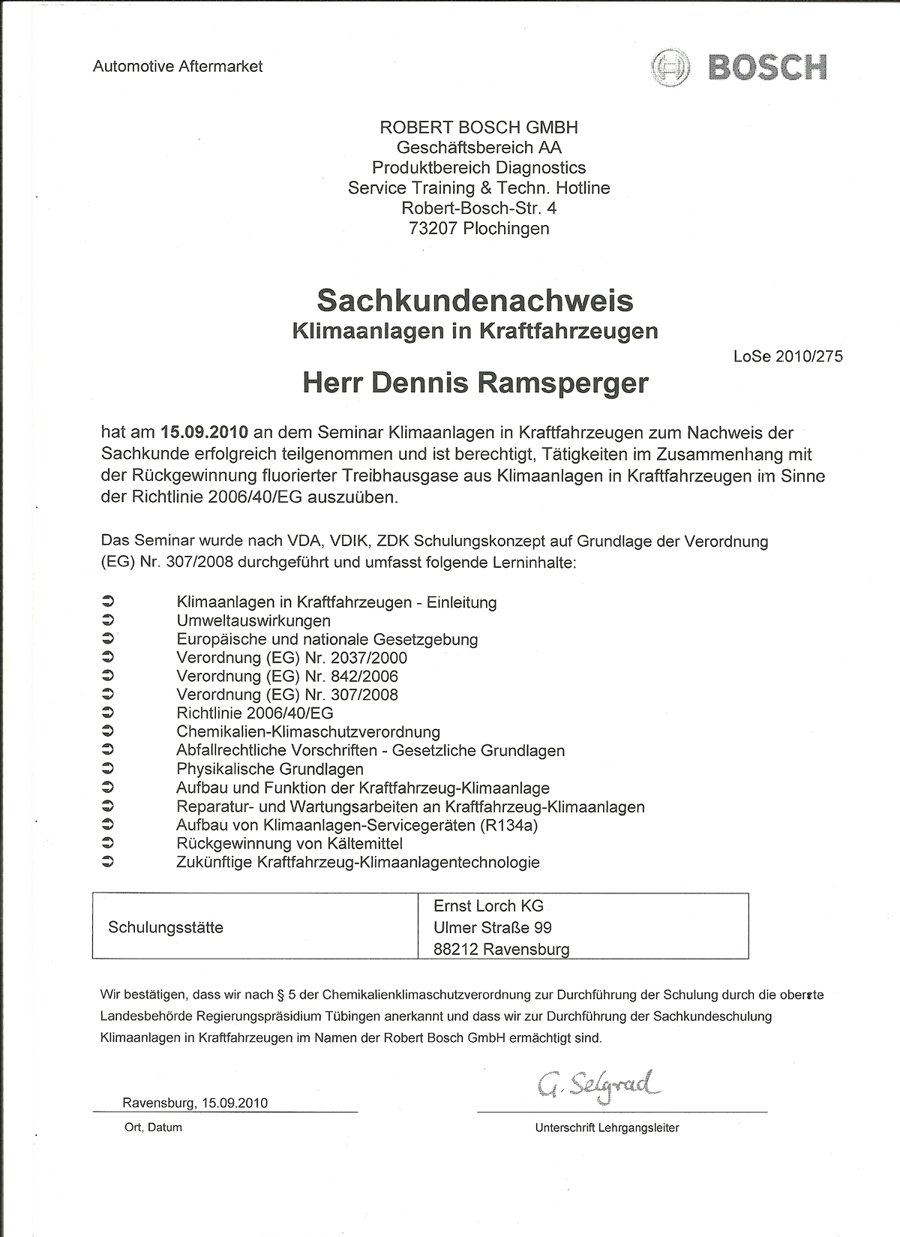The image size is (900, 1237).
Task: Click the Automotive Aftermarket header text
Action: pos(178,66)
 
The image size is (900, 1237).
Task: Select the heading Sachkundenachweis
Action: pos(475,300)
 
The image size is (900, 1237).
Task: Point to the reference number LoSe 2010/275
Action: pos(787,356)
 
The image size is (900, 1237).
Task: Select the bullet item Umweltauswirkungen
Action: pos(253,620)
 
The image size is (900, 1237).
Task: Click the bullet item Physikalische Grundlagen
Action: pos(270,769)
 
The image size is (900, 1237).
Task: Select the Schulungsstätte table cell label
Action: pos(166,927)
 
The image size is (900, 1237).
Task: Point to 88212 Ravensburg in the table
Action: pos(501,949)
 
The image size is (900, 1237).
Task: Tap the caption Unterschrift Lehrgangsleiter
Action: pos(607,1127)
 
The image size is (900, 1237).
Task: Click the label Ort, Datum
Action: pos(153,1127)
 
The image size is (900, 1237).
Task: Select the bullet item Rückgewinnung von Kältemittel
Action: pos(289,844)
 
